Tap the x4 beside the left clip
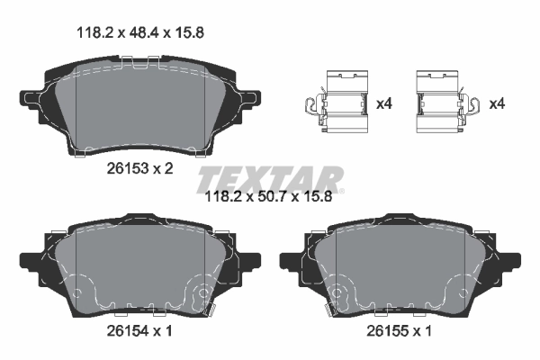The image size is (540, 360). click(x=384, y=104)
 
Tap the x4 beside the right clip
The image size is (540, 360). click(x=496, y=104)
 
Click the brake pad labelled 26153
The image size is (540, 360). click(x=139, y=103)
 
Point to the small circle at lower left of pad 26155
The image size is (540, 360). click(x=339, y=292)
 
